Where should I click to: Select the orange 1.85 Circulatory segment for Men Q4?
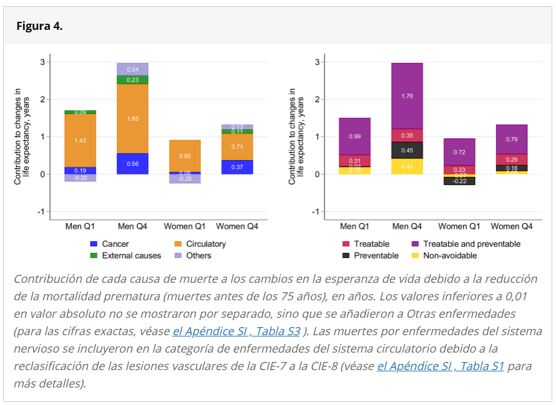(x=132, y=118)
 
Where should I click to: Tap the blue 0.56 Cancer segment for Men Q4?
(x=132, y=163)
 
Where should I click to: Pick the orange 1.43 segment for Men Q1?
(x=80, y=141)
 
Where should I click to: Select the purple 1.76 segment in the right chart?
(x=407, y=96)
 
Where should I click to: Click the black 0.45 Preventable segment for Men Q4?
(x=407, y=150)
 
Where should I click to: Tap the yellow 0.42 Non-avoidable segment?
(x=407, y=166)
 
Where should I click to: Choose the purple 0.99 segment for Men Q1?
(x=354, y=136)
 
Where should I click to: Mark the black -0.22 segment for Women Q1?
(x=459, y=181)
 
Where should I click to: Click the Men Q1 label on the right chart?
(x=354, y=226)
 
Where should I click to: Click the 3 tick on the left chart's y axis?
(x=42, y=62)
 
